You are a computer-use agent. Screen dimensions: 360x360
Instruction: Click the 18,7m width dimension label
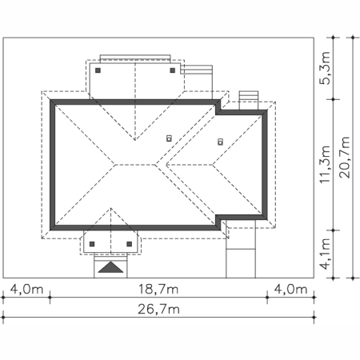tap(158, 289)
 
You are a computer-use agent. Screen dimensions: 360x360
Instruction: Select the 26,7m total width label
tap(158, 310)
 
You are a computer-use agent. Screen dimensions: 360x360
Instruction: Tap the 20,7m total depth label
tap(344, 157)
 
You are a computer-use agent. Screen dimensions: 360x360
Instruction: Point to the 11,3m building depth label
tap(325, 164)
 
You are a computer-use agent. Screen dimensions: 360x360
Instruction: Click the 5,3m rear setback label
tap(325, 68)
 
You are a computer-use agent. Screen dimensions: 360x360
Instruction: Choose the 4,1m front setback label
tap(325, 254)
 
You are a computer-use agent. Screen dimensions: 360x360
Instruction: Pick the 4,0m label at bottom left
tap(26, 289)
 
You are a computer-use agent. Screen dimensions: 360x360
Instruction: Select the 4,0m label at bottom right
tap(290, 289)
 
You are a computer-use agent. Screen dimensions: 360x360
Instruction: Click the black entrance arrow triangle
tap(110, 267)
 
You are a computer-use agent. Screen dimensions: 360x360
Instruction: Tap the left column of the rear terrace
tap(98, 70)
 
